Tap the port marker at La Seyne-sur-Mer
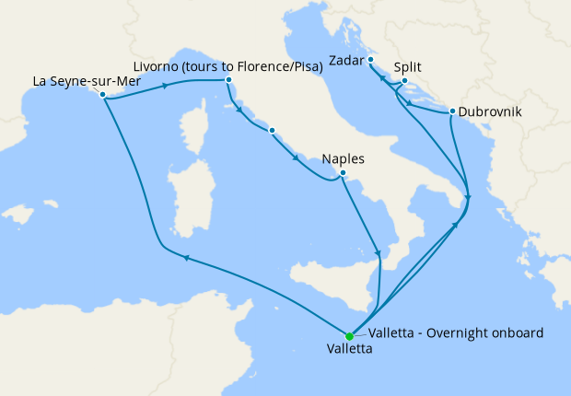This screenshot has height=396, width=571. point(103,95)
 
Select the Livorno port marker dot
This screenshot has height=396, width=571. point(227,81)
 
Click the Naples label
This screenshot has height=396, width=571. point(343,159)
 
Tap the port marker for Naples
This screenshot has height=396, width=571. point(342,173)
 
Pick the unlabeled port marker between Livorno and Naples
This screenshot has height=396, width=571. point(272,131)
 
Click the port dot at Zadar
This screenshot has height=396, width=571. point(370,60)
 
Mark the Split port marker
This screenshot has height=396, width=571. point(404,81)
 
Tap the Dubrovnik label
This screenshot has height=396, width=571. point(490,112)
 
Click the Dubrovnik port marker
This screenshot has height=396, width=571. point(452,112)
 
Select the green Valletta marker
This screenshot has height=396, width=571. point(349,336)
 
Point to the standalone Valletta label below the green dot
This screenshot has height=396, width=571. point(350,350)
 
